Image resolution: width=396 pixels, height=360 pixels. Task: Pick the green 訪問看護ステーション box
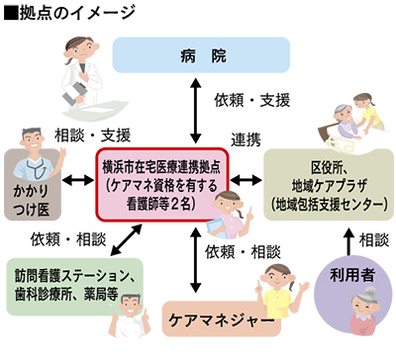pyautogui.click(x=74, y=280)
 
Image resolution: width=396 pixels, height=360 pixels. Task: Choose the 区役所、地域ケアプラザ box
pyautogui.click(x=327, y=183)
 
